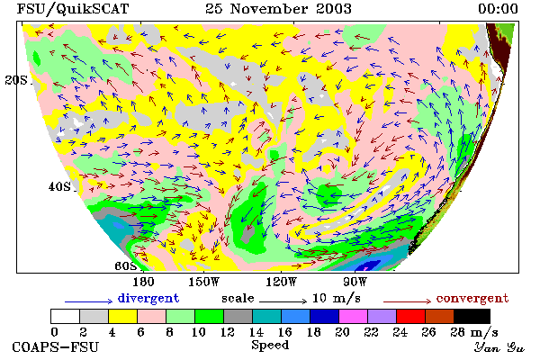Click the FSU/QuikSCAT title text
(73, 9)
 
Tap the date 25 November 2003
(279, 9)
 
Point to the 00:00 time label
(498, 9)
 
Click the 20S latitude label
(16, 80)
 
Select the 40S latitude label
(59, 186)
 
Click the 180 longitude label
(143, 282)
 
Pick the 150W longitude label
(204, 282)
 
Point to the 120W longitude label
(281, 282)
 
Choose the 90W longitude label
(355, 282)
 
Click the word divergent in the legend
(148, 298)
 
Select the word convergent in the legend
(472, 298)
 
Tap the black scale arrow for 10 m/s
(283, 301)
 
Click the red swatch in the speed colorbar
(410, 316)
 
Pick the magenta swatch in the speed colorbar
(353, 316)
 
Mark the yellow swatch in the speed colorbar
(123, 316)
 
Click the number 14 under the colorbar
(256, 332)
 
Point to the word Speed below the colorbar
(270, 346)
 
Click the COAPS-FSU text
(56, 346)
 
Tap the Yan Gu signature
(499, 347)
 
